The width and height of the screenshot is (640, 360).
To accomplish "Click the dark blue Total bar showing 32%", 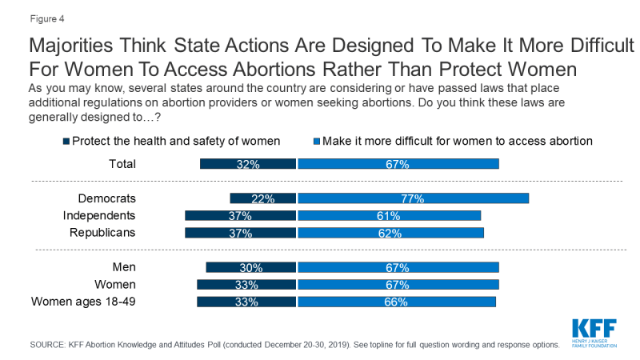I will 247,164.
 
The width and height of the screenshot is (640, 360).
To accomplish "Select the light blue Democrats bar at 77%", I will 413,198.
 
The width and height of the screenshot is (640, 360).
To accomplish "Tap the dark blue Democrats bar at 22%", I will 262,198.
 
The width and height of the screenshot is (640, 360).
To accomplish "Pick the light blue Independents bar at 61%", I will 389,216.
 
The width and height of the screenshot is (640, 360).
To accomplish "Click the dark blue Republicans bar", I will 240,233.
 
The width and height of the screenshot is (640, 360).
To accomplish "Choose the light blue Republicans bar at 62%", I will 390,233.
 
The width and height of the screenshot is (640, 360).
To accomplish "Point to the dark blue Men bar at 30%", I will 251,267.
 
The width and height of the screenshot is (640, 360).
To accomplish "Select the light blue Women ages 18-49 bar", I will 397,302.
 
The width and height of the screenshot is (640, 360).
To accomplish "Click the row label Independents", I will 99,216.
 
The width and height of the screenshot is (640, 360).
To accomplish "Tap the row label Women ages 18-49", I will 83,302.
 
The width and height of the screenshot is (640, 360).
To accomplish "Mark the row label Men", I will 123,267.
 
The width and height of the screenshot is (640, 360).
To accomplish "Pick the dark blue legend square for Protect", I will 66,142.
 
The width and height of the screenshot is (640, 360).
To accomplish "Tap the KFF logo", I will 594,330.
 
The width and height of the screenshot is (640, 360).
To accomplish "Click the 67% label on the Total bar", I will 398,164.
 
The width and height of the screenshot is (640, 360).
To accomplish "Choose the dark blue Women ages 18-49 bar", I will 246,302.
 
